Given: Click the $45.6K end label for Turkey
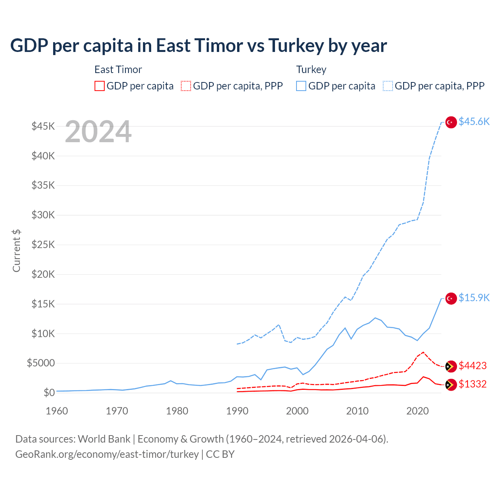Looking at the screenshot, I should point(474,122).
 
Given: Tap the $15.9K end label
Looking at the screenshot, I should point(474,298).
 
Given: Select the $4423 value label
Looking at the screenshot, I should point(473,366).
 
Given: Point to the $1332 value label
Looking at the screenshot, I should point(473,384).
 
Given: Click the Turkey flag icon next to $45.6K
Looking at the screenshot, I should point(451,122).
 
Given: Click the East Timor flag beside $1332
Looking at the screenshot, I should point(451,384).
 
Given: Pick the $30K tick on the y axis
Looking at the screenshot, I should point(43,215).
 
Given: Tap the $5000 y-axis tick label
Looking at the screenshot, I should point(41,363).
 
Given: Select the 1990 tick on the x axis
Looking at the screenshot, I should point(237,411).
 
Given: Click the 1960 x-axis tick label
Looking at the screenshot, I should point(57,411).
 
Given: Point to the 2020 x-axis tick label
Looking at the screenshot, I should point(417,411).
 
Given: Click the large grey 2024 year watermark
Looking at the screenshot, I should point(98,132).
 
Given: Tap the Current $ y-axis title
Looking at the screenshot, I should point(16,251).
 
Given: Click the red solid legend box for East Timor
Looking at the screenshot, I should point(100,86).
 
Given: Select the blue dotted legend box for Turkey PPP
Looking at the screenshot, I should point(388,86).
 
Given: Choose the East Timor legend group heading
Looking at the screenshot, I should point(118,70).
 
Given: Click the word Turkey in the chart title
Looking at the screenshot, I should point(296,46).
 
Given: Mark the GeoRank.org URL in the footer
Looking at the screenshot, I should point(107,454).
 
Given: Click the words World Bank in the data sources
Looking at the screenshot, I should point(104,439).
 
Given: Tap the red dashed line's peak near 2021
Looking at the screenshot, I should point(423,352).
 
